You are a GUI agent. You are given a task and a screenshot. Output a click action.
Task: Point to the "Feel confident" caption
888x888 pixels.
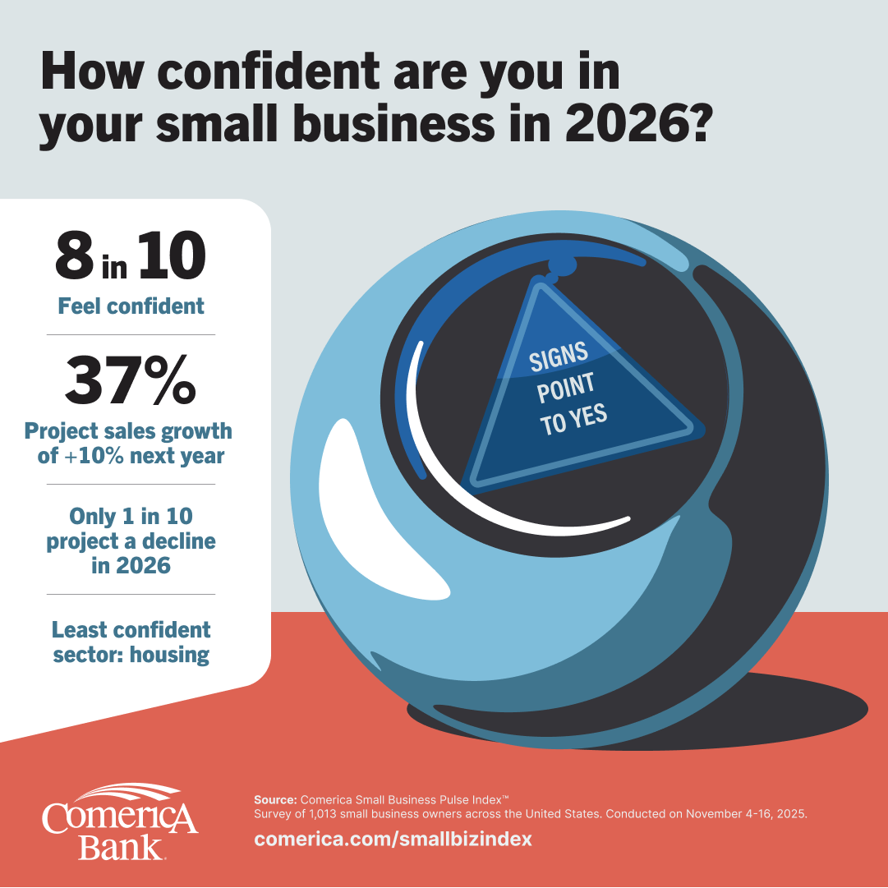pyautogui.click(x=131, y=306)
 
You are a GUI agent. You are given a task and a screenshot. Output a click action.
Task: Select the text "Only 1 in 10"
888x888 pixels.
pyautogui.click(x=131, y=517)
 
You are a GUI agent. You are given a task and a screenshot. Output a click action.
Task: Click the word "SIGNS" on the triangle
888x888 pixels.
pyautogui.click(x=559, y=359)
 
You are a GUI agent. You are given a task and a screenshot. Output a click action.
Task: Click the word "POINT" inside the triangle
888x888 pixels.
pyautogui.click(x=566, y=389)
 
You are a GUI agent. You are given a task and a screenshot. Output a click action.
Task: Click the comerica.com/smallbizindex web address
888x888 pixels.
pyautogui.click(x=393, y=840)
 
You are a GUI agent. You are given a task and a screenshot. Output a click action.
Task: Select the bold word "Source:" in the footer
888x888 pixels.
pyautogui.click(x=276, y=798)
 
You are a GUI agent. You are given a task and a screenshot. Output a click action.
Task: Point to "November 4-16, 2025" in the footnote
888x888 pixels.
pyautogui.click(x=743, y=814)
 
